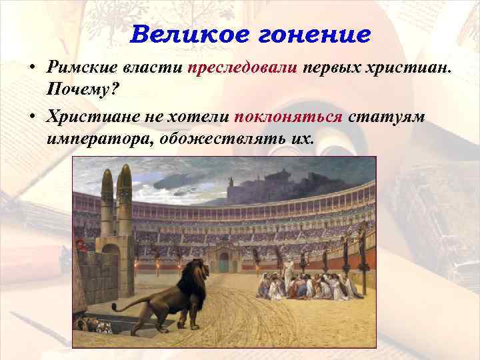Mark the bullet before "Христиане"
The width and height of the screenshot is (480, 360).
(31, 117)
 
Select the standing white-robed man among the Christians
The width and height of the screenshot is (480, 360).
(289, 269)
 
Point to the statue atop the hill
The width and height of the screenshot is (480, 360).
(230, 181)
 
